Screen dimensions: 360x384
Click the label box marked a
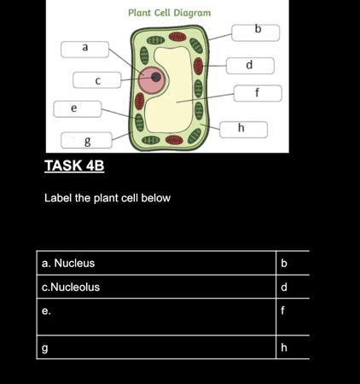(x=84, y=49)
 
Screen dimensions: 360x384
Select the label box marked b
(x=256, y=32)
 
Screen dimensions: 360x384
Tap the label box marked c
(x=97, y=80)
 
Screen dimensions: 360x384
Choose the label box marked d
(x=250, y=66)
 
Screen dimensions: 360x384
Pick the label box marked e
(x=78, y=109)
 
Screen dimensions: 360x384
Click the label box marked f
(x=258, y=93)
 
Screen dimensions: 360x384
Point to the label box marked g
(x=86, y=140)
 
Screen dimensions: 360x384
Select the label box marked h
(x=243, y=130)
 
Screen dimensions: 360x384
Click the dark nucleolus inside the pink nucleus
(x=156, y=77)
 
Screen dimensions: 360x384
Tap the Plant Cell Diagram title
(x=170, y=13)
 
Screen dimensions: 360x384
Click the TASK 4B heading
(x=74, y=166)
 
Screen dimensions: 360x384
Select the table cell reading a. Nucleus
(x=156, y=263)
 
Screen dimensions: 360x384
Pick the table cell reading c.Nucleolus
(x=156, y=287)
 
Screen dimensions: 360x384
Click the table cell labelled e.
(x=156, y=317)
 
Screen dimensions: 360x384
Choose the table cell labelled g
(x=156, y=347)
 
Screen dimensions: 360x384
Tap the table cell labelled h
(x=293, y=347)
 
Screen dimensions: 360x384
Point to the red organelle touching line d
(x=198, y=66)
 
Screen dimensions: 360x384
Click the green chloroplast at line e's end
(x=139, y=122)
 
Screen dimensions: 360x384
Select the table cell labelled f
(x=293, y=317)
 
